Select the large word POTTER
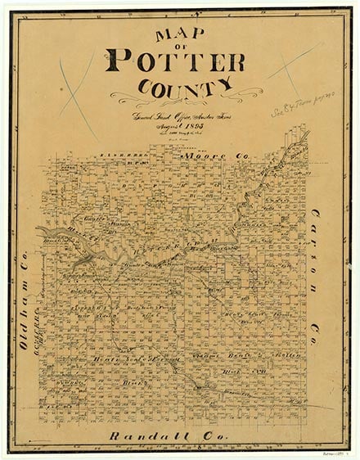pyautogui.click(x=175, y=62)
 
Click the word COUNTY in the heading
pyautogui.click(x=176, y=85)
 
